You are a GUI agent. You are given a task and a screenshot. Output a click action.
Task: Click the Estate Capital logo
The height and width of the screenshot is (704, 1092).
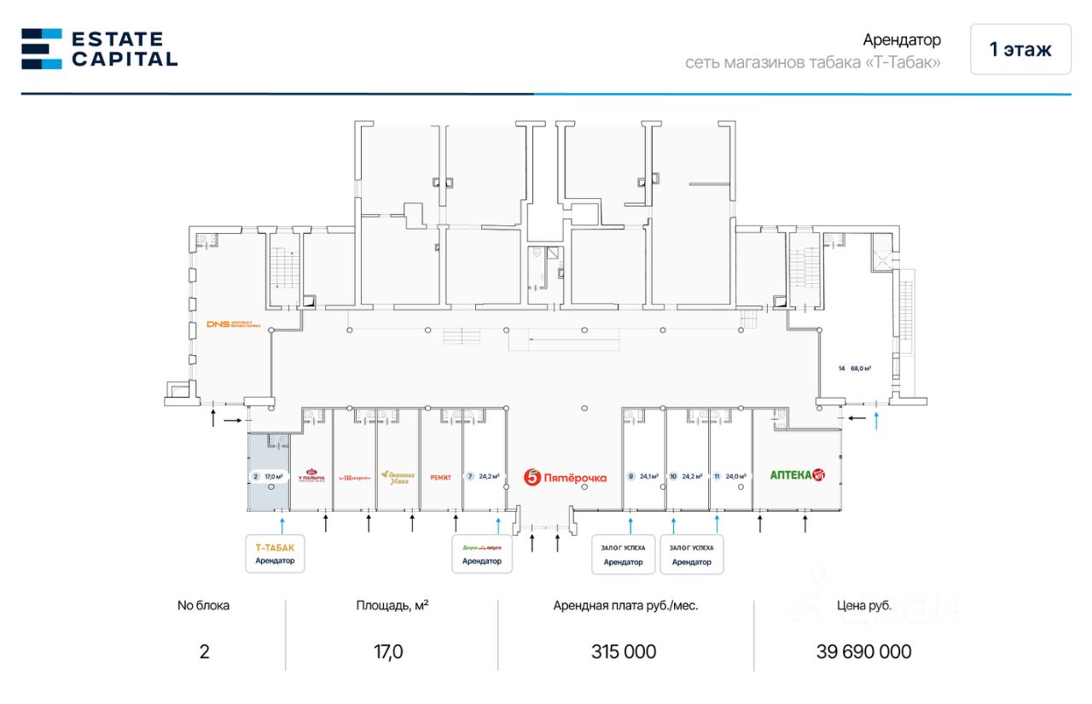click(x=99, y=49)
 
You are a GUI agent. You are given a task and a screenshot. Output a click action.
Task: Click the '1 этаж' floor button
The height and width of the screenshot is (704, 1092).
click(x=1019, y=49)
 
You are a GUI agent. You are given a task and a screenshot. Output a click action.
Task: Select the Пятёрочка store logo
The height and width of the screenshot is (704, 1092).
click(x=565, y=477)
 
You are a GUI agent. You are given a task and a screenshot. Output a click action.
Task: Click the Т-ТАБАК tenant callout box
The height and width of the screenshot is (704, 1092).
click(x=275, y=553)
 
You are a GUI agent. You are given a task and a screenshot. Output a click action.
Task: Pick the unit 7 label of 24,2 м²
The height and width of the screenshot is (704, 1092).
click(x=483, y=476)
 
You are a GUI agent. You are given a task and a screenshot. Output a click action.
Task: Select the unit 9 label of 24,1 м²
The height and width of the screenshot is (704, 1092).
click(x=643, y=476)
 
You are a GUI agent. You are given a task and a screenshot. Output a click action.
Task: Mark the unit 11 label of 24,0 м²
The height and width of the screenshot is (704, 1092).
click(x=730, y=476)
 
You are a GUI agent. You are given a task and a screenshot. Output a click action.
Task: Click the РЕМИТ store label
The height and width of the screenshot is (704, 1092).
click(x=440, y=477)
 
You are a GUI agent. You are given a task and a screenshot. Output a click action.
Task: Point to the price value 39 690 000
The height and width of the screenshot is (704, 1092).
click(x=863, y=652)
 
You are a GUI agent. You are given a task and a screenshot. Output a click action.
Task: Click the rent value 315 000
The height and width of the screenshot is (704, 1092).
click(x=624, y=652)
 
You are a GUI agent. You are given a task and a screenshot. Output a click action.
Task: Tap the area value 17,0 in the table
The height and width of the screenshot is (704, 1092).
click(x=389, y=652)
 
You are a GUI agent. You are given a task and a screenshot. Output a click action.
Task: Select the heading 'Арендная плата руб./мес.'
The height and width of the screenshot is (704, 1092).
click(x=625, y=606)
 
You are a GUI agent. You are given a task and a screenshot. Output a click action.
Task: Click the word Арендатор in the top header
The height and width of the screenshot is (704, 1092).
click(x=901, y=40)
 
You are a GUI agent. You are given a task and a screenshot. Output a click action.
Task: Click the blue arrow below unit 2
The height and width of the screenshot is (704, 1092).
click(x=282, y=521)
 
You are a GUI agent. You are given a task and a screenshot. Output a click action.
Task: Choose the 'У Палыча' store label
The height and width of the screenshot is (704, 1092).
click(x=311, y=476)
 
